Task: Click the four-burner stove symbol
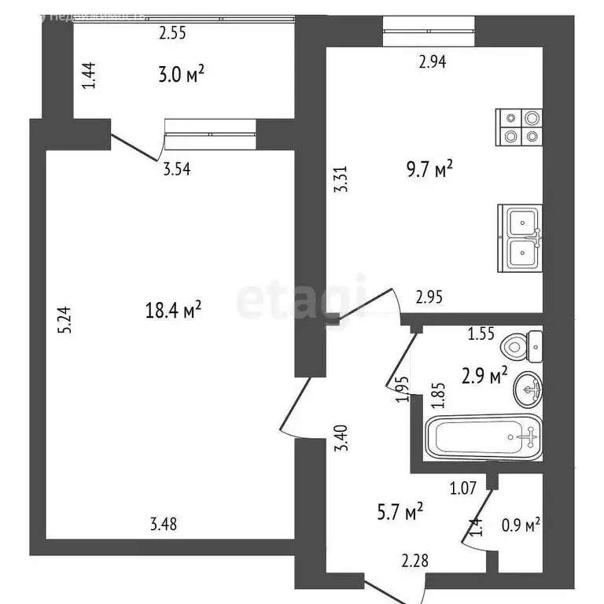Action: pyautogui.click(x=520, y=127)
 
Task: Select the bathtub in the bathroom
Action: pyautogui.click(x=483, y=436)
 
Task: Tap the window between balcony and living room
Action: pyautogui.click(x=211, y=134)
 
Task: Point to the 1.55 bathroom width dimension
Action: pyautogui.click(x=481, y=333)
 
